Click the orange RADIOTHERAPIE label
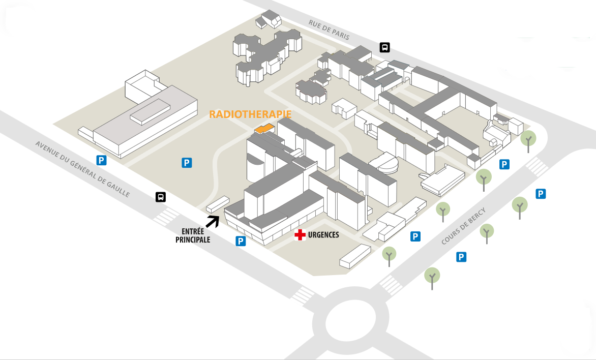click(x=250, y=114)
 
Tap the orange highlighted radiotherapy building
click(x=264, y=129)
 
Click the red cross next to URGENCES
click(x=301, y=234)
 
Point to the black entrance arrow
click(x=213, y=221)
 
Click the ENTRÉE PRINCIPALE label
click(x=193, y=235)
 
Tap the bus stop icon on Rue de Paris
click(x=385, y=48)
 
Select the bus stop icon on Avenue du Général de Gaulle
click(x=161, y=197)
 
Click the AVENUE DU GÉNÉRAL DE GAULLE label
click(x=83, y=168)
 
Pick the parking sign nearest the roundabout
click(x=461, y=257)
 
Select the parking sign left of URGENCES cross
click(x=241, y=241)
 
